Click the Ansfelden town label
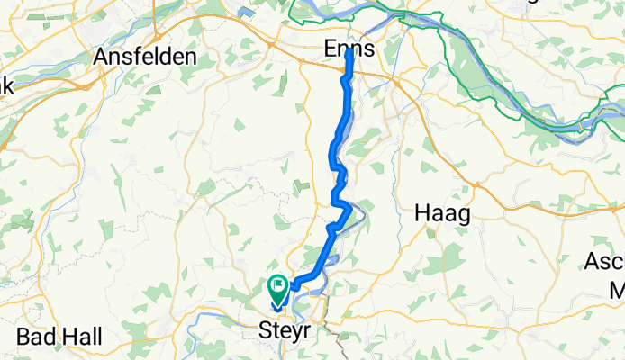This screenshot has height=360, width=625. pos(145,56)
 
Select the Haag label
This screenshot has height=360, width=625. pos(444,213)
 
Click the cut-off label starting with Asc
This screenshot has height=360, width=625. pos(604,262)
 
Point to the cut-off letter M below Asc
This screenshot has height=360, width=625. pos(617,290)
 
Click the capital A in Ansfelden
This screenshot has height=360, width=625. pos(103,56)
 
